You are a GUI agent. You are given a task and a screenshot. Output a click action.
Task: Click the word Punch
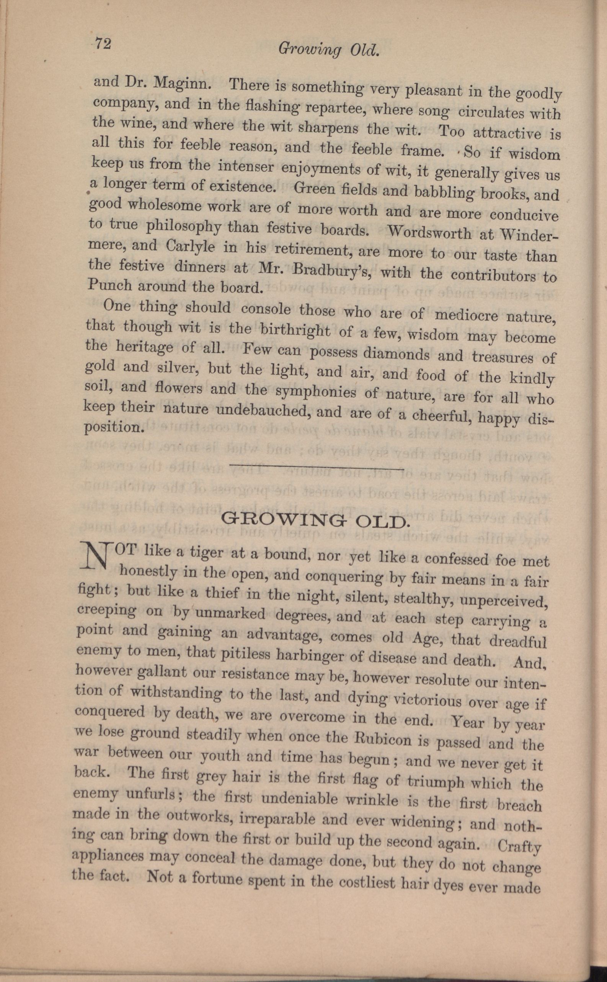(109, 285)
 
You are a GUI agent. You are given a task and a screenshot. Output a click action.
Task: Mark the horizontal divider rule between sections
(316, 467)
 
